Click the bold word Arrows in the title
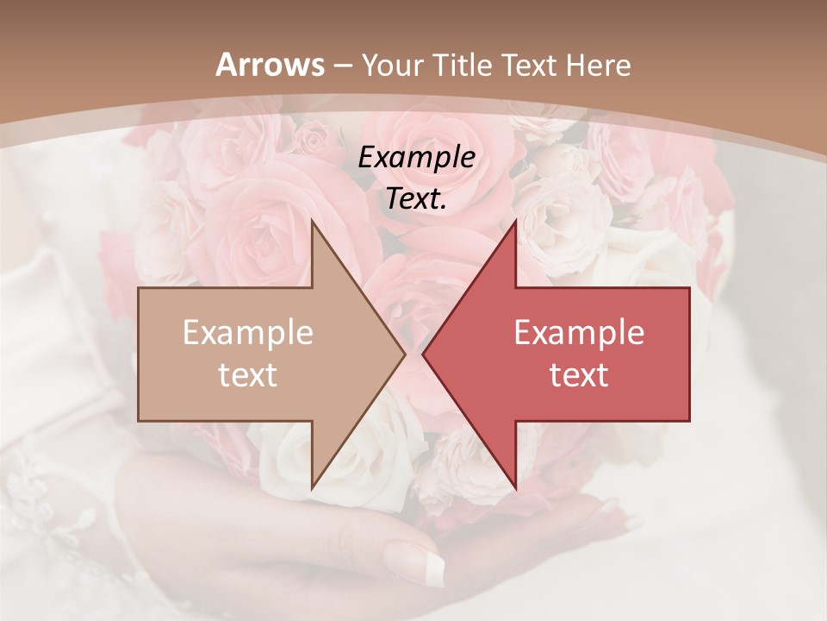pyautogui.click(x=270, y=65)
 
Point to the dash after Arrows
pyautogui.click(x=342, y=66)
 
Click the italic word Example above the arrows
pyautogui.click(x=416, y=158)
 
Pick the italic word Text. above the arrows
pyautogui.click(x=416, y=199)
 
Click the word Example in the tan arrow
pyautogui.click(x=248, y=333)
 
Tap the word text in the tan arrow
pyautogui.click(x=248, y=375)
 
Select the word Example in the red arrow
pyautogui.click(x=579, y=333)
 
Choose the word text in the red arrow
pyautogui.click(x=579, y=375)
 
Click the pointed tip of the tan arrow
pyautogui.click(x=405, y=354)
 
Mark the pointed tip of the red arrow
pyautogui.click(x=423, y=354)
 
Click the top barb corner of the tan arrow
pyautogui.click(x=312, y=221)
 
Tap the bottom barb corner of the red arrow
pyautogui.click(x=515, y=488)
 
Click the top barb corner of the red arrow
pyautogui.click(x=515, y=221)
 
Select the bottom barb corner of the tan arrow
pyautogui.click(x=312, y=488)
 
